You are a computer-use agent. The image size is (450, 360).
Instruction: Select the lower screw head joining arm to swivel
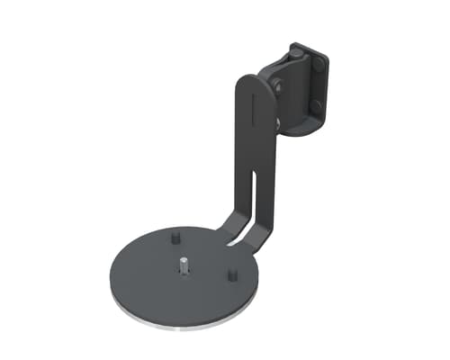coord(277,121)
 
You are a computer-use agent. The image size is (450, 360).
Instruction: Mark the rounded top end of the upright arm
coord(254,81)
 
